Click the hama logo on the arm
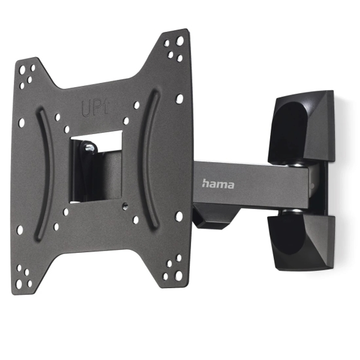pos(218,184)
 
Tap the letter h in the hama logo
pos(205,183)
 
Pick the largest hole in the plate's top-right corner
pos(180,41)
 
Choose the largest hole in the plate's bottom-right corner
pos(179,275)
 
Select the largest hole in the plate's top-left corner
pos(22,70)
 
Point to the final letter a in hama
pos(230,185)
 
